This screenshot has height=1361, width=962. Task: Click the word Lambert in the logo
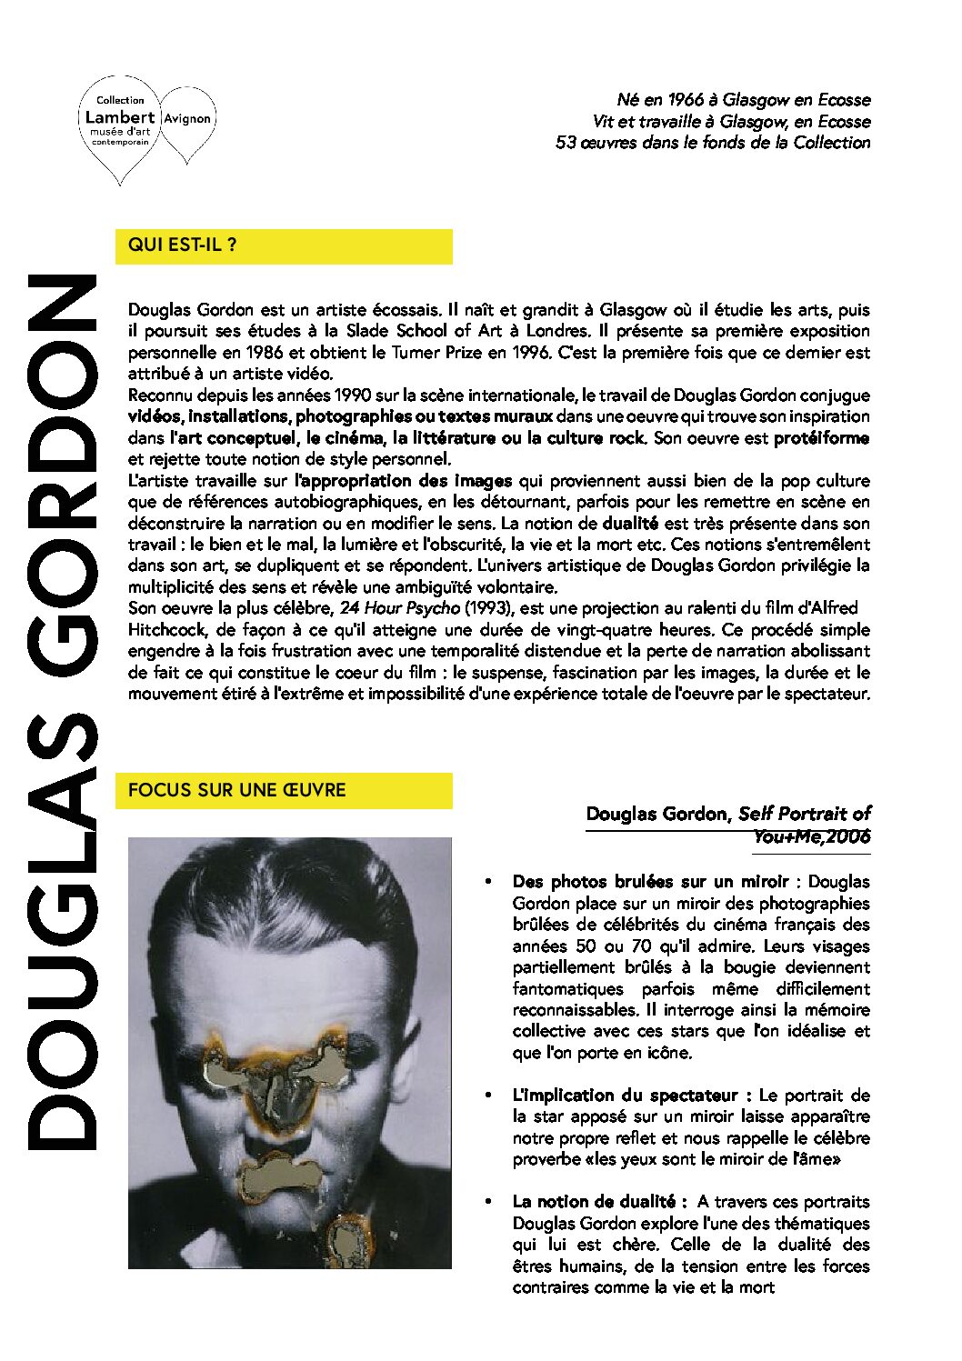(x=119, y=116)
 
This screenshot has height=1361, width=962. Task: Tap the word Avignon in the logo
(x=188, y=118)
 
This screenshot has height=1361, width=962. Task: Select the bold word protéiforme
(x=821, y=438)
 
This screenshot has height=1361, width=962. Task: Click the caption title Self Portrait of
(x=804, y=814)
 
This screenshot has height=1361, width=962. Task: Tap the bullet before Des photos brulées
(x=489, y=882)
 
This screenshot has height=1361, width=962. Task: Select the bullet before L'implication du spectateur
(x=489, y=1096)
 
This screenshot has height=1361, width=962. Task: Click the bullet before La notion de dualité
(x=489, y=1202)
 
